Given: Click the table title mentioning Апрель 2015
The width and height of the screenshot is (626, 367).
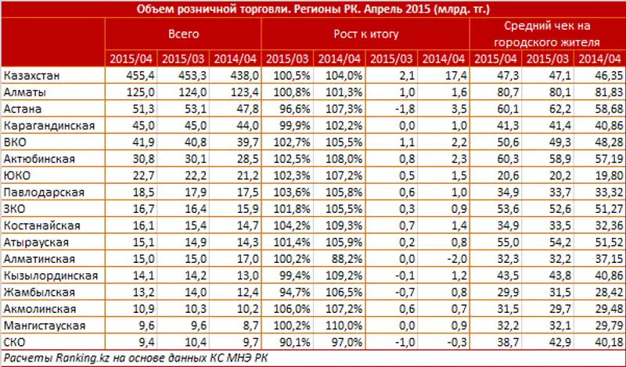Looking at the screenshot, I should tap(313, 9).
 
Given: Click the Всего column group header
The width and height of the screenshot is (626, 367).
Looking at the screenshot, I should tap(183, 35).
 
